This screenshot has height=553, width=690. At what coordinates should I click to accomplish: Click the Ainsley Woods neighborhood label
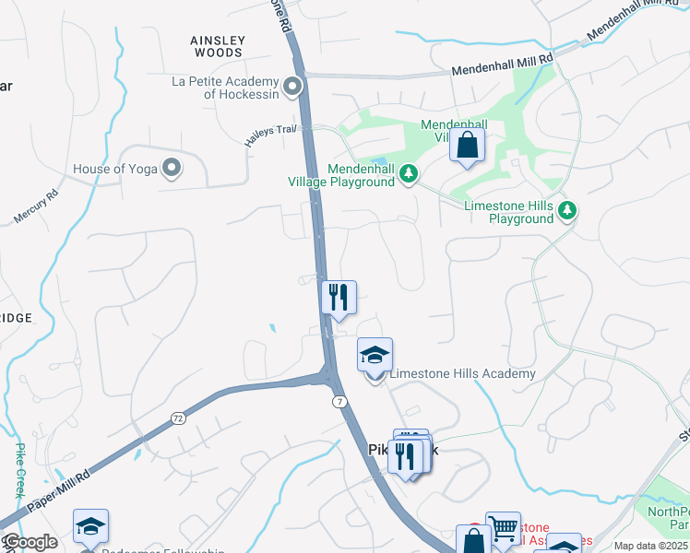coord(218,46)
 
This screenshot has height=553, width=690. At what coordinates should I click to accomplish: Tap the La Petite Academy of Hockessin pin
coord(293,88)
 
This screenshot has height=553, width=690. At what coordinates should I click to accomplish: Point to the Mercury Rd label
coord(37,206)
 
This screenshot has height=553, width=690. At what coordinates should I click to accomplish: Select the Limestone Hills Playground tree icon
coord(568,211)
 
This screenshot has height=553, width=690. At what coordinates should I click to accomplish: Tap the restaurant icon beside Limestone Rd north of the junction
coord(339,297)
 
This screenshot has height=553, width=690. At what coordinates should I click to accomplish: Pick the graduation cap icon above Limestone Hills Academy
coord(375,354)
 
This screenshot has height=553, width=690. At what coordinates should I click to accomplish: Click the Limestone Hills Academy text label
coord(462,373)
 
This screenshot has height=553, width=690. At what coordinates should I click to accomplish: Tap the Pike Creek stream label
coord(20,471)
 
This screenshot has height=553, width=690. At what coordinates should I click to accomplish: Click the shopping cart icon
coord(503,528)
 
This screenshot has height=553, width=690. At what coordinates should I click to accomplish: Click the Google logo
coord(30,542)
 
